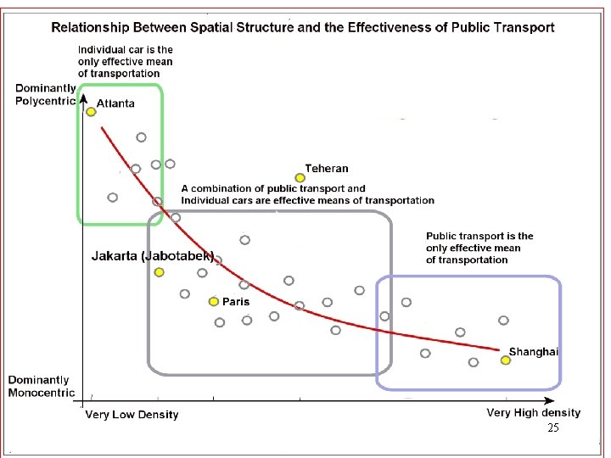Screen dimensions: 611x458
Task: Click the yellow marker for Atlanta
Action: pos(91,111)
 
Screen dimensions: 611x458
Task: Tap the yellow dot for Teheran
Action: pos(300,177)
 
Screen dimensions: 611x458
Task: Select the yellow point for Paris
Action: pos(214,301)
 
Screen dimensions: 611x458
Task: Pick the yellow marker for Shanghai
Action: pos(505,360)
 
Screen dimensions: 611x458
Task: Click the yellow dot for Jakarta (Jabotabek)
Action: pos(159,272)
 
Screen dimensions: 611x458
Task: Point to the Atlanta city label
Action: pos(115,103)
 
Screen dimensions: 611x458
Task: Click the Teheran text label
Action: pos(327,169)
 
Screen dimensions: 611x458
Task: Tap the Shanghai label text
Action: pos(534,352)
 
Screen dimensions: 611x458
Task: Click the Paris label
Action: pos(236,301)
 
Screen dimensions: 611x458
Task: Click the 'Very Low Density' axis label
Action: pos(132,415)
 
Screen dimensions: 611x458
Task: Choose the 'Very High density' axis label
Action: pos(534,413)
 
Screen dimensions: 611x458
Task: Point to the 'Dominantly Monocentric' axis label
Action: pos(39,386)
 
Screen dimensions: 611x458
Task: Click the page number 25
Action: pos(553,428)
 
